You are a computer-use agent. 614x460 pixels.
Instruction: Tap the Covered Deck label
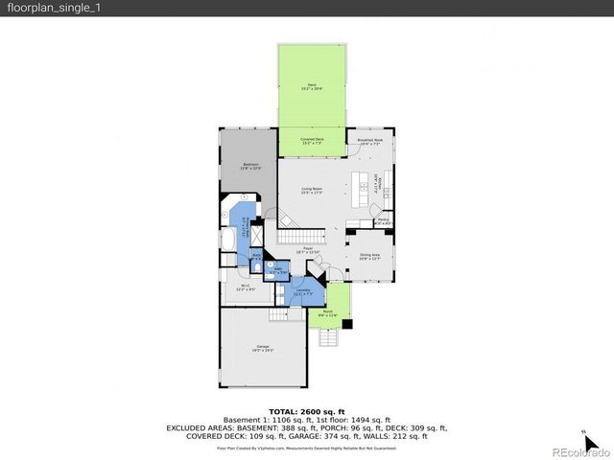[312, 140]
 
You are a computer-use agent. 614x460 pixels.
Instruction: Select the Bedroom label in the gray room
[249, 165]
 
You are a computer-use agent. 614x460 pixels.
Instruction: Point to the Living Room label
[311, 190]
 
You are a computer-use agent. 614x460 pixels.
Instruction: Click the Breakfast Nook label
[369, 141]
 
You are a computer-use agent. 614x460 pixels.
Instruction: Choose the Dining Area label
[369, 256]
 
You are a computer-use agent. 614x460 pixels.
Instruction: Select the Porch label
[327, 312]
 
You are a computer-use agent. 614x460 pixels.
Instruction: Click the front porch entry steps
[328, 337]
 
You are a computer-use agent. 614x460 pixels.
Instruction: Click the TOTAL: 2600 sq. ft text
[306, 411]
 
